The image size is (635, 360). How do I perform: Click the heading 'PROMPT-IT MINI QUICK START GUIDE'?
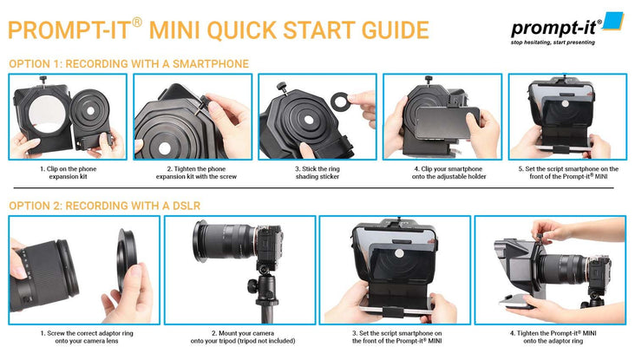(218, 30)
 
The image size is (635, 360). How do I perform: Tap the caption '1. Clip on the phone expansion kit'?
(67, 172)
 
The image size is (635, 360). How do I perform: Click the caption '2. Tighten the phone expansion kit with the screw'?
(192, 172)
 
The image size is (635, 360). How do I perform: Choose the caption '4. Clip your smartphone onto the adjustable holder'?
(442, 172)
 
